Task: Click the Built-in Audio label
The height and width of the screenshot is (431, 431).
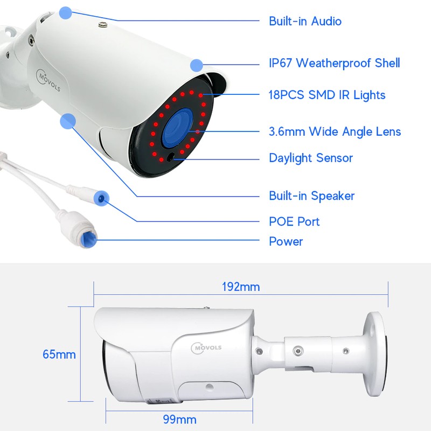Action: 305,21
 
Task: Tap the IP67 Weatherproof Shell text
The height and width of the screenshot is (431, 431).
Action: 334,63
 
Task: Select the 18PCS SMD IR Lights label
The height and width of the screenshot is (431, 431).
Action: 327,95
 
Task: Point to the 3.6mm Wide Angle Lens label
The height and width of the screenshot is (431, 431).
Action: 335,131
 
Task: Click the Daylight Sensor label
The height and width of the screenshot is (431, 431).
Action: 311,158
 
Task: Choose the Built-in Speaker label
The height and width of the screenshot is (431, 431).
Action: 312,196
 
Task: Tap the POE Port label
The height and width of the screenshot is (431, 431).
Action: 294,221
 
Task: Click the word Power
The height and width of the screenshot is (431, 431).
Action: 286,241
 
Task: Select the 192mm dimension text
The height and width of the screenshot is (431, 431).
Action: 241,287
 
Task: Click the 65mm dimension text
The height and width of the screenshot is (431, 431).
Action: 59,354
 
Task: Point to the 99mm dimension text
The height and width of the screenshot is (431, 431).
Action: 180,420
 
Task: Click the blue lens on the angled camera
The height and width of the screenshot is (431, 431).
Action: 177,128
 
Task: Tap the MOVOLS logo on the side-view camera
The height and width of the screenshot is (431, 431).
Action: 206,348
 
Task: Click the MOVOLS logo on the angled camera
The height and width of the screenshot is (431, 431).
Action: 48,80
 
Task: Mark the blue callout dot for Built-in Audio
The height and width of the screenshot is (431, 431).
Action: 65,12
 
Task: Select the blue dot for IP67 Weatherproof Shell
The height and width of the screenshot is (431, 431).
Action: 197,65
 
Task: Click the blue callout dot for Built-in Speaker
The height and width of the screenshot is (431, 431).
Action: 68,120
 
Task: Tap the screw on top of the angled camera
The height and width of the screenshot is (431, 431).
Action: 103,25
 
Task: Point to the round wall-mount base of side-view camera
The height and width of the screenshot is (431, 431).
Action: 374,354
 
